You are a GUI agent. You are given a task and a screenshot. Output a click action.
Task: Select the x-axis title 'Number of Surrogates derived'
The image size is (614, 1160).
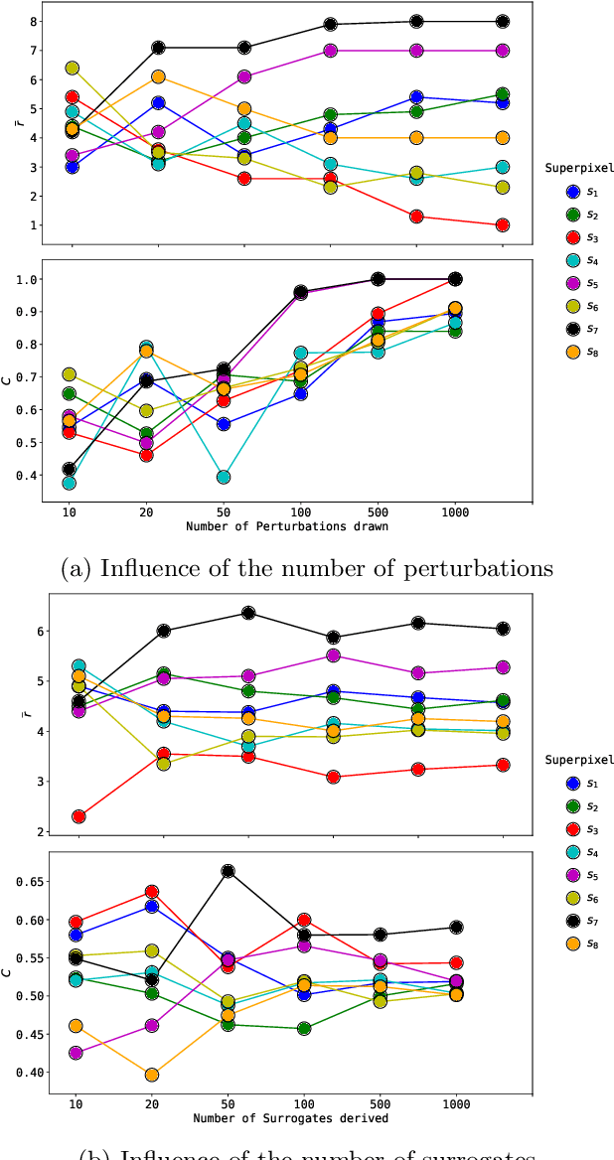tap(288, 1119)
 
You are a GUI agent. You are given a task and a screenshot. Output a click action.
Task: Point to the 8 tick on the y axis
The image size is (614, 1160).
tap(35, 21)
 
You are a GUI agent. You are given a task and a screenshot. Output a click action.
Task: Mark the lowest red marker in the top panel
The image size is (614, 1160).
tap(503, 225)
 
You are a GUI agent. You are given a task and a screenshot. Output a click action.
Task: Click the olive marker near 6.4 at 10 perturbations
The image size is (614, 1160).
tap(73, 69)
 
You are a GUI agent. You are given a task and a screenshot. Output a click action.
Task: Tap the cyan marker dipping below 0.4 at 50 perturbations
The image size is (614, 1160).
tap(225, 477)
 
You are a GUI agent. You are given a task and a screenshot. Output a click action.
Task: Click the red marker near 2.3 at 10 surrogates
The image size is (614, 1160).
tap(77, 816)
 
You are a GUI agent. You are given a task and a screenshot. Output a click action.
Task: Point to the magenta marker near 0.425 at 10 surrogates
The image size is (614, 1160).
tap(77, 1053)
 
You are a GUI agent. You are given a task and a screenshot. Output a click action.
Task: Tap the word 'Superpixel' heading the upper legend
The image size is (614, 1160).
tap(579, 167)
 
